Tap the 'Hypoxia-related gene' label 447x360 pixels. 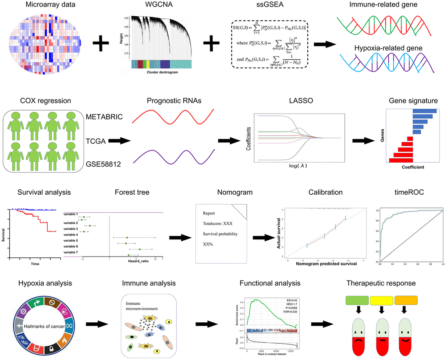pyautogui.click(x=383, y=48)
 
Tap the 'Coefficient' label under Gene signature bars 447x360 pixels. pyautogui.click(x=413, y=167)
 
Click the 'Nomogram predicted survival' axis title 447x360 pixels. pyautogui.click(x=325, y=264)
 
